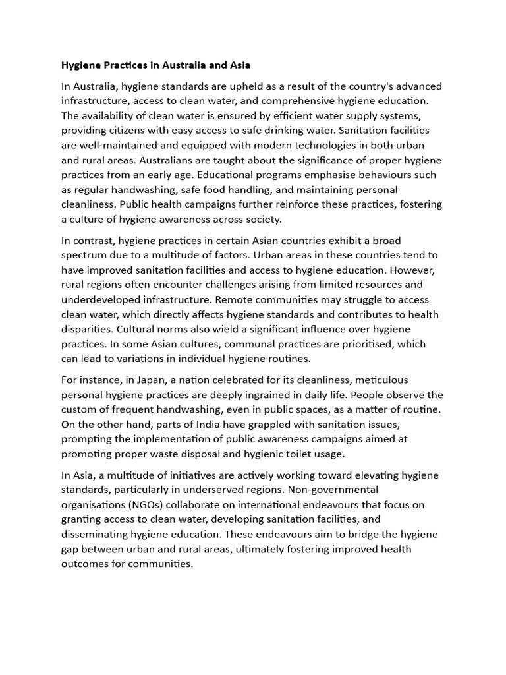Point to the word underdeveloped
pyautogui.click(x=103, y=299)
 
